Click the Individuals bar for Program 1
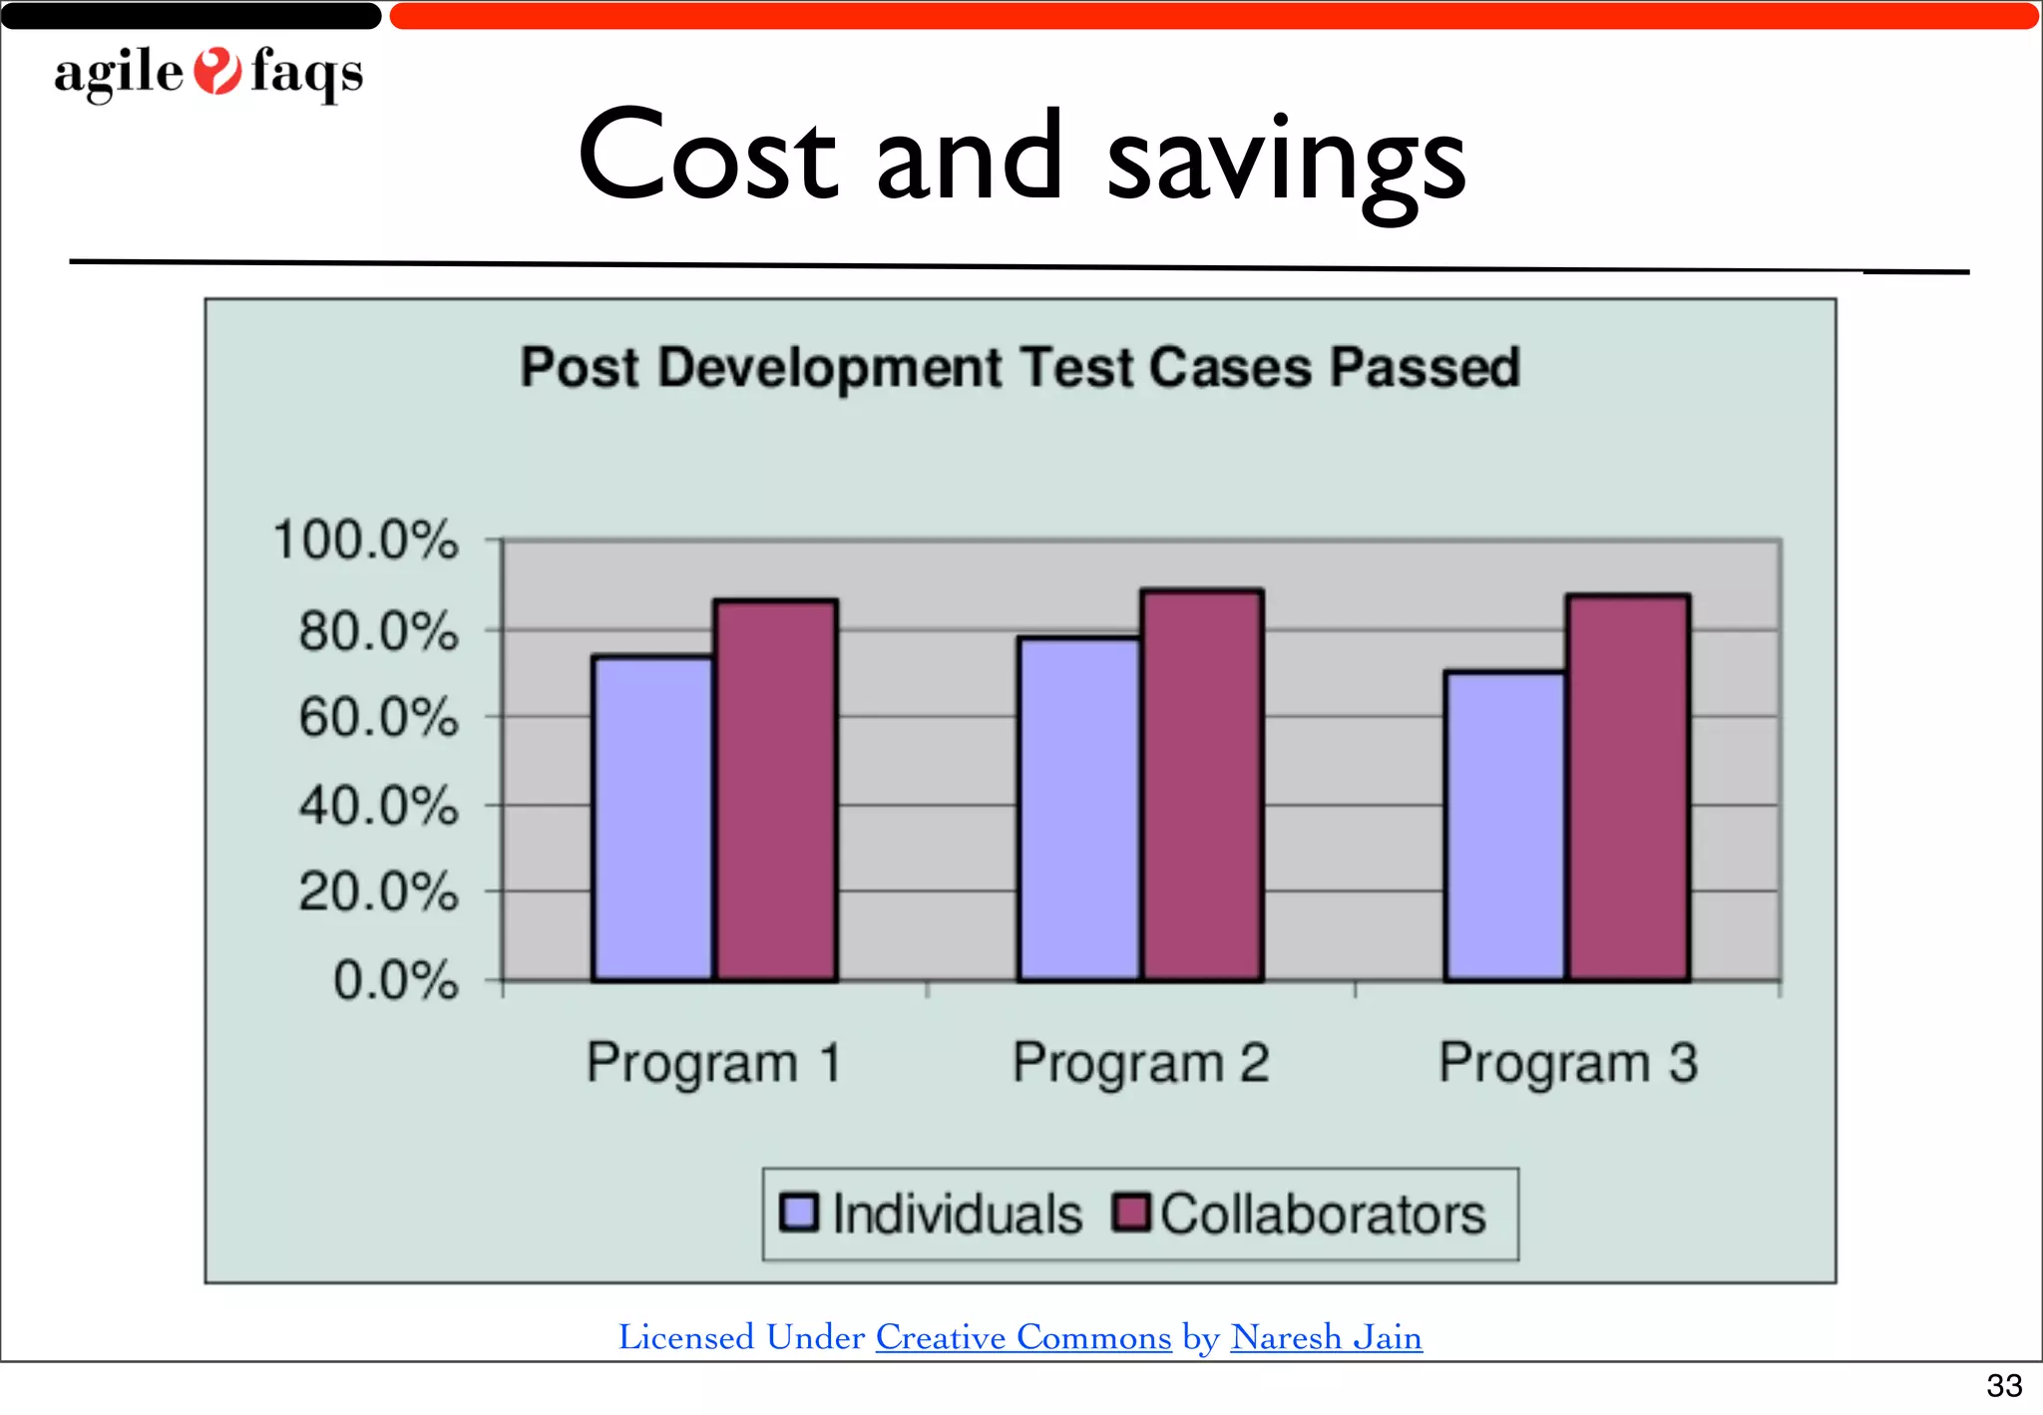[x=653, y=818]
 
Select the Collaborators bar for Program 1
[x=776, y=790]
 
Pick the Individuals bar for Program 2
[x=1079, y=809]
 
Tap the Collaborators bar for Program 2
[x=1202, y=785]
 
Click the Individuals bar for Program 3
[x=1505, y=826]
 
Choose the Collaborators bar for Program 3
[x=1628, y=788]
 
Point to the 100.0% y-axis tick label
[x=366, y=540]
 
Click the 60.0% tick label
[x=378, y=718]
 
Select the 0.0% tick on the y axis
[x=395, y=980]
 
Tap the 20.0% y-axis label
[x=378, y=891]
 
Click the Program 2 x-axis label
[x=1141, y=1063]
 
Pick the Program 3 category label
[x=1567, y=1063]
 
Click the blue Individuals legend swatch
[x=799, y=1213]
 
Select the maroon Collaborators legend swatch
[x=1131, y=1213]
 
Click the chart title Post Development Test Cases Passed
[x=1020, y=367]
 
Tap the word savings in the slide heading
[x=1287, y=160]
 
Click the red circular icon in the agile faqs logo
[x=216, y=72]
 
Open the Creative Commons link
[x=1023, y=1337]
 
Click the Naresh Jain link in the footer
[x=1326, y=1337]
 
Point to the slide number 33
[x=2003, y=1385]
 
